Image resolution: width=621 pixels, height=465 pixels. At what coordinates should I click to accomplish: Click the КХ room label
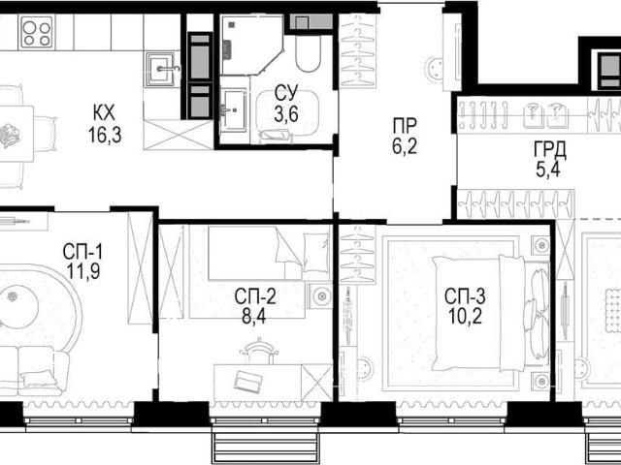click(x=104, y=113)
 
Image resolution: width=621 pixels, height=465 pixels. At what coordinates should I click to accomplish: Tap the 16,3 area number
click(x=105, y=136)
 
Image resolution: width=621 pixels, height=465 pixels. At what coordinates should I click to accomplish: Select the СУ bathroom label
click(x=286, y=94)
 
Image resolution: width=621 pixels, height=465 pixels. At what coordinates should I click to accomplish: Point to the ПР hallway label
click(x=405, y=126)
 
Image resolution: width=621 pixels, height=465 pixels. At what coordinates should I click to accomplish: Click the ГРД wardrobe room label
click(x=549, y=149)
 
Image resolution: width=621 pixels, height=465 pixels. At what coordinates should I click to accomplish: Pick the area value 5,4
click(x=548, y=170)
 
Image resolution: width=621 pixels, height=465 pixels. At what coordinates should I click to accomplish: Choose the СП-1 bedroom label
click(x=82, y=252)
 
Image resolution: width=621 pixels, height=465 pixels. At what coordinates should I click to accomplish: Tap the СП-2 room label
click(x=254, y=296)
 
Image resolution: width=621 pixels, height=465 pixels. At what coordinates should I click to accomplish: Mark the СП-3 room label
click(x=465, y=296)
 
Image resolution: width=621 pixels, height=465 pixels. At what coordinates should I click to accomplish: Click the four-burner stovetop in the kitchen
click(x=37, y=32)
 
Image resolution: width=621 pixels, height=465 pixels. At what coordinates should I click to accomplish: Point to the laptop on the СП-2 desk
click(x=248, y=381)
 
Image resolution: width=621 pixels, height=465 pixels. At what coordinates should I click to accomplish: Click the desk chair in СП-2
click(x=259, y=351)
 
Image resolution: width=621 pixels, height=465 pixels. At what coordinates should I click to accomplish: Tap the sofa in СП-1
click(x=34, y=371)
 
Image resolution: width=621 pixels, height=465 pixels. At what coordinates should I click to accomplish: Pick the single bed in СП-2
click(x=269, y=253)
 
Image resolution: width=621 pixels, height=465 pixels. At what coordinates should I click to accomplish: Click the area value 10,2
click(x=466, y=317)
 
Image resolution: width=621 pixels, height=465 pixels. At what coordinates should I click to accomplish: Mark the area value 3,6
click(x=286, y=114)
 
